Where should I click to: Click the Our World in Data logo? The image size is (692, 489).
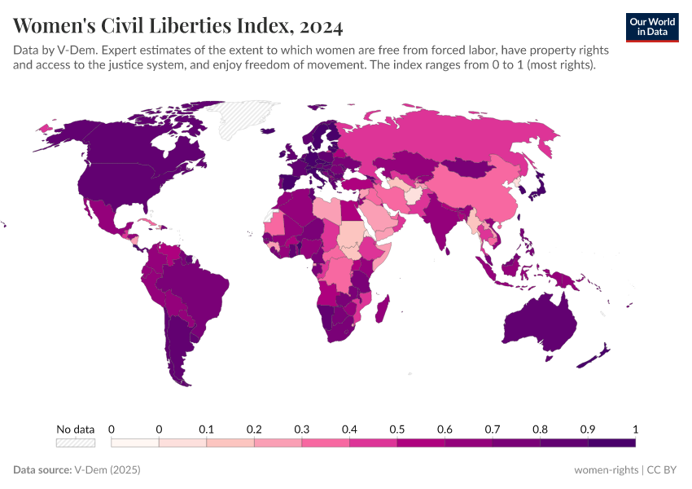point(651,27)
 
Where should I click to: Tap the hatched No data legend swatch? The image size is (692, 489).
point(75,443)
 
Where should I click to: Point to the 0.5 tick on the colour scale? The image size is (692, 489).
point(397,430)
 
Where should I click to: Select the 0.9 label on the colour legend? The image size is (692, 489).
point(588,430)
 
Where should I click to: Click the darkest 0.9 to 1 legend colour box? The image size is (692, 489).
point(611,443)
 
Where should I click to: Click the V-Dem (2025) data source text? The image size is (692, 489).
point(107,470)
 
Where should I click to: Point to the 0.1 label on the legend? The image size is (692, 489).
point(207,430)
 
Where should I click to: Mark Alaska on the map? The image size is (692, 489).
point(61,134)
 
